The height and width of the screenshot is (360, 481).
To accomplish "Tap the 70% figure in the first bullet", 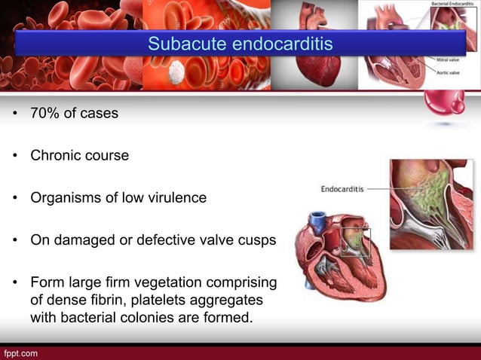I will pos(44,114).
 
